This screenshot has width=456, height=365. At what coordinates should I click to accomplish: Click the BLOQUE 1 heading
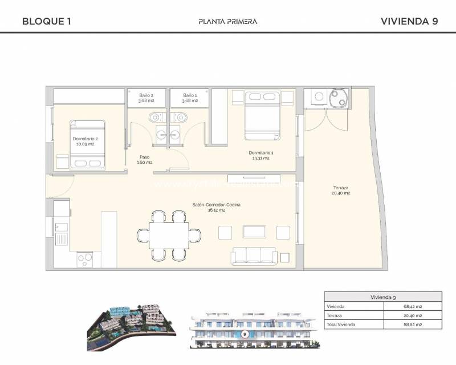coord(46,22)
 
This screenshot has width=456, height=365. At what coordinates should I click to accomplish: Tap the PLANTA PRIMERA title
coord(227,22)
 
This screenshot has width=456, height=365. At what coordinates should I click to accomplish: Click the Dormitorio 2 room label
coord(83,141)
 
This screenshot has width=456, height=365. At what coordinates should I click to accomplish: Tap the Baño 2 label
coord(146,98)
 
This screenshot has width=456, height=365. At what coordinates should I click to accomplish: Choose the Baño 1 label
coord(190,98)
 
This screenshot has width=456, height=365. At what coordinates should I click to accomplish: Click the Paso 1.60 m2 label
coord(144,160)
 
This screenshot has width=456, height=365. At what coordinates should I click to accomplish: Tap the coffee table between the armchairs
coord(254,232)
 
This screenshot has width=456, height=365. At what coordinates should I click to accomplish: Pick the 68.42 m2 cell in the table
coord(414,306)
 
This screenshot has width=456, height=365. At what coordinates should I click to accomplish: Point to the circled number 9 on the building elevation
coord(245,334)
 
